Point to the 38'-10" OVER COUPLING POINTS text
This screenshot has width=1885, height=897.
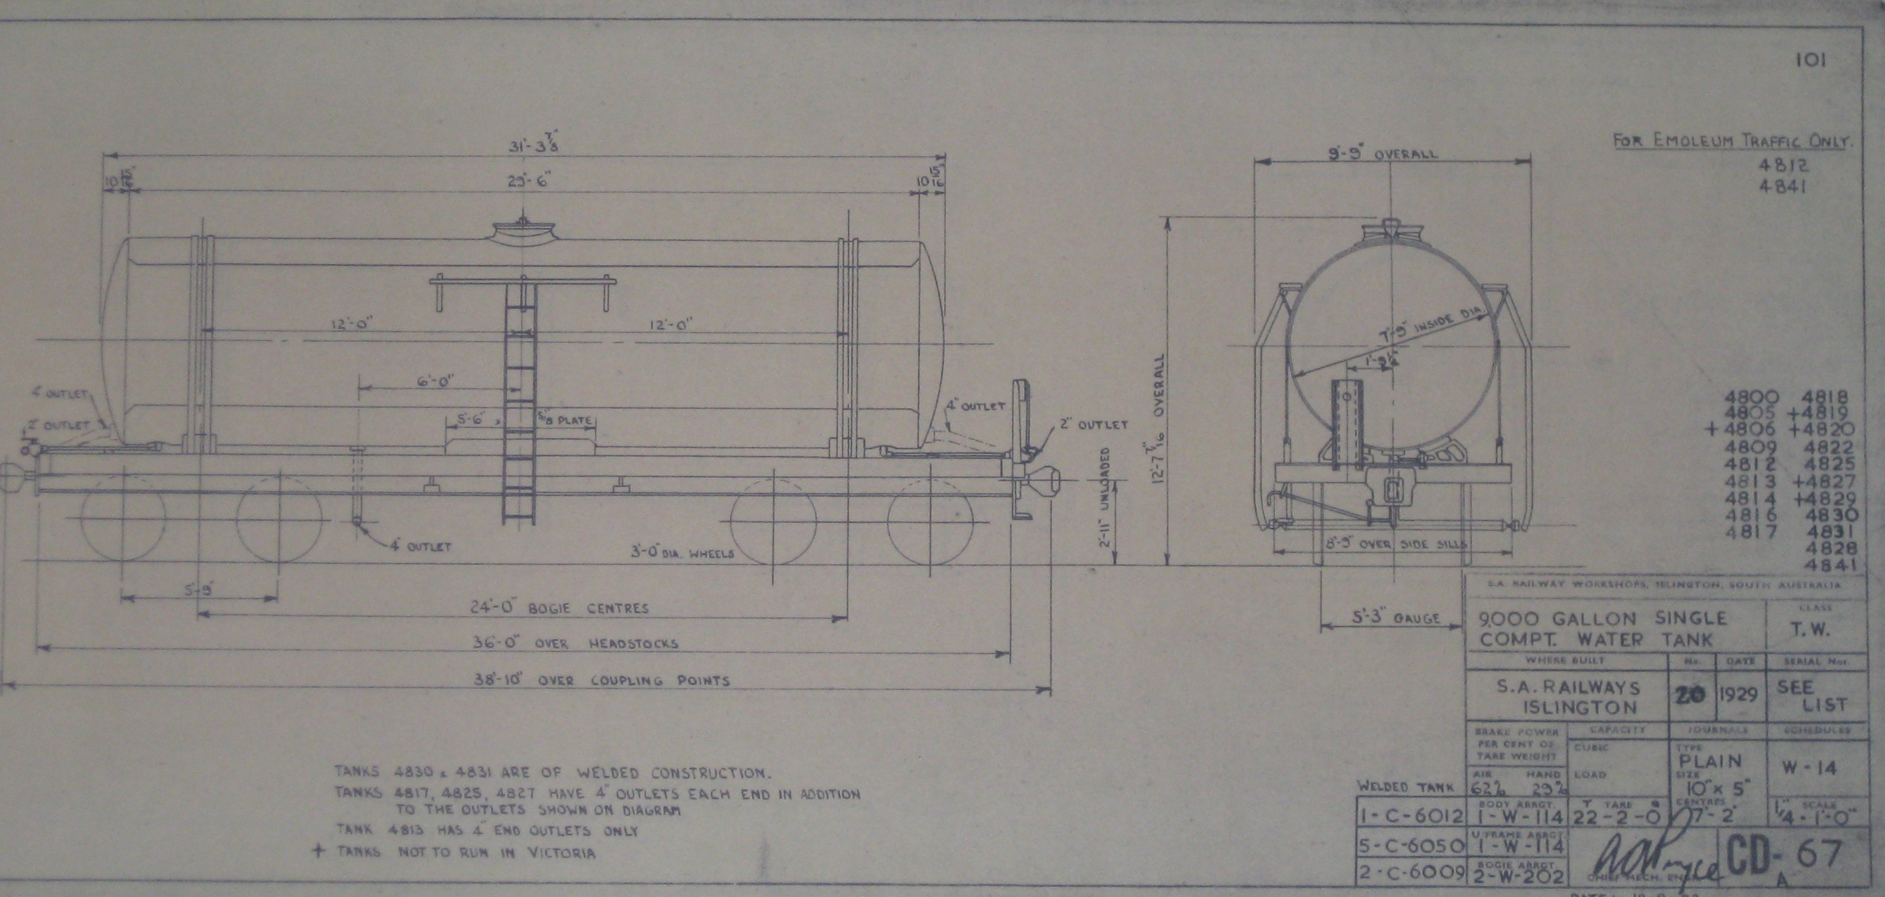[x=600, y=680]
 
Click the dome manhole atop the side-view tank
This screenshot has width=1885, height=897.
[x=523, y=232]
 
